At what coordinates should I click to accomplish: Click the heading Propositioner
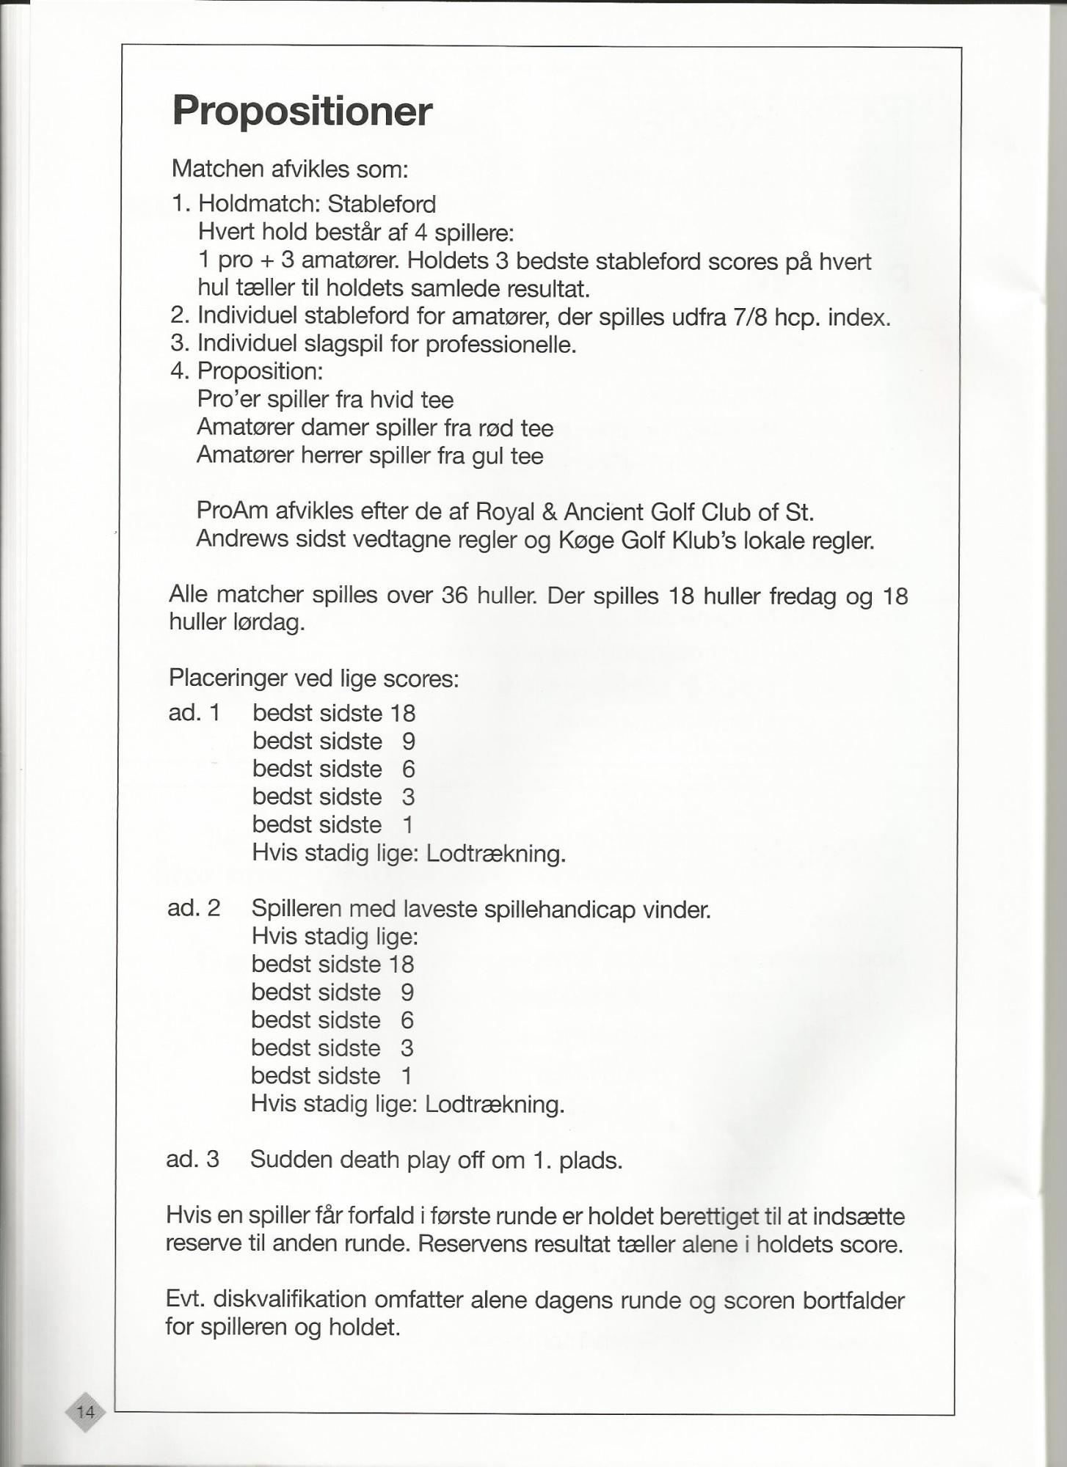point(302,111)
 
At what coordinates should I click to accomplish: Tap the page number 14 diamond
point(85,1411)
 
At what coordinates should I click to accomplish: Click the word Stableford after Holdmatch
point(382,204)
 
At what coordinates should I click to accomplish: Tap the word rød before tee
point(490,428)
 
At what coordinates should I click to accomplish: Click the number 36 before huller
point(455,595)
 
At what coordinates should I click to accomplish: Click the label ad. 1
point(194,712)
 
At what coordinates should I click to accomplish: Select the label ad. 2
point(193,908)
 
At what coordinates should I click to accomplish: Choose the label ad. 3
point(192,1159)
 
